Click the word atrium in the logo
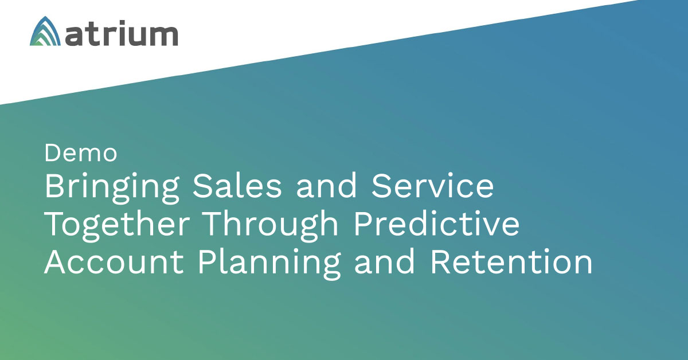click(122, 33)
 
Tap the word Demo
click(81, 152)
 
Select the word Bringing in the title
click(112, 187)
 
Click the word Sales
click(237, 185)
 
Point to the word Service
click(432, 185)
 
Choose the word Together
click(117, 226)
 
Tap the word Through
click(270, 226)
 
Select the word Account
click(114, 262)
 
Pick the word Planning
click(269, 264)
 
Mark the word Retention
click(511, 262)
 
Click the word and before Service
click(326, 185)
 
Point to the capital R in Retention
click(441, 261)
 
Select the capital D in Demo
click(53, 152)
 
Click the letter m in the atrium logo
click(162, 36)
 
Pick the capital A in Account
click(56, 261)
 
